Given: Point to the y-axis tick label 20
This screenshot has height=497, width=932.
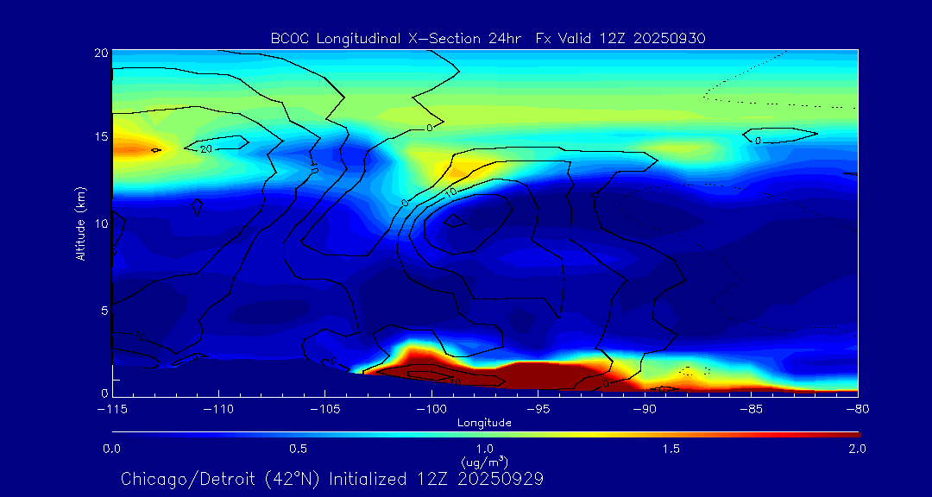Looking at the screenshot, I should (100, 53).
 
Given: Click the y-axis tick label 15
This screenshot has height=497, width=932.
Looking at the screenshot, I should (100, 137).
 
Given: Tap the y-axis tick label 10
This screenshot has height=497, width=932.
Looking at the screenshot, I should (100, 223).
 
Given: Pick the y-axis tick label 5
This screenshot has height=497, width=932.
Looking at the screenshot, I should (104, 310).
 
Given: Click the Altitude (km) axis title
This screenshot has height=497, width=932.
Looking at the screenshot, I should (81, 223).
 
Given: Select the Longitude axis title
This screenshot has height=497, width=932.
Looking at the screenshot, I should (484, 423).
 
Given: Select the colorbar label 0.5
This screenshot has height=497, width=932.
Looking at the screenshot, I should (299, 449).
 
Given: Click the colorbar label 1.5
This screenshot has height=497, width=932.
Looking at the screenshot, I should (671, 449).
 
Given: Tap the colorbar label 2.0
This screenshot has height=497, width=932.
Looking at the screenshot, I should (857, 449).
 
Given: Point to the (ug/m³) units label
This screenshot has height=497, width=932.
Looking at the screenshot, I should (484, 462).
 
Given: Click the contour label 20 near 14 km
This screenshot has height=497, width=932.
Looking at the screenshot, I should (205, 149).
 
